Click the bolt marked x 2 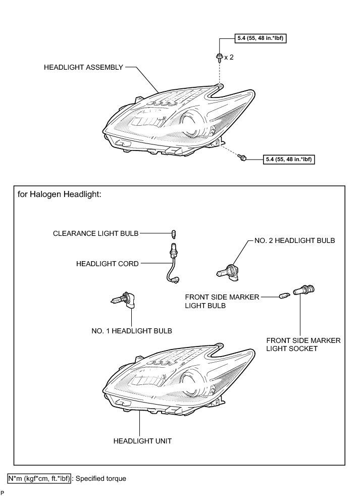coord(220,57)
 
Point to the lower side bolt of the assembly coord(243,159)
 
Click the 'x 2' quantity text coord(229,57)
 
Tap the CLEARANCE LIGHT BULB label coord(95,233)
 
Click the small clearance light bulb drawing coord(174,233)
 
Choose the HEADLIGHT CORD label coord(107,263)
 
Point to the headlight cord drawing coord(172,263)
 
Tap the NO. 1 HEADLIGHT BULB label coord(132,331)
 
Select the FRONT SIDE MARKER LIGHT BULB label coord(222,302)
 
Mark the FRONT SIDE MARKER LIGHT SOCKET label coord(303,344)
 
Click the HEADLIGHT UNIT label coord(143,440)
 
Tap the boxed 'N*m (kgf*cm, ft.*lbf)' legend coord(39,478)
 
